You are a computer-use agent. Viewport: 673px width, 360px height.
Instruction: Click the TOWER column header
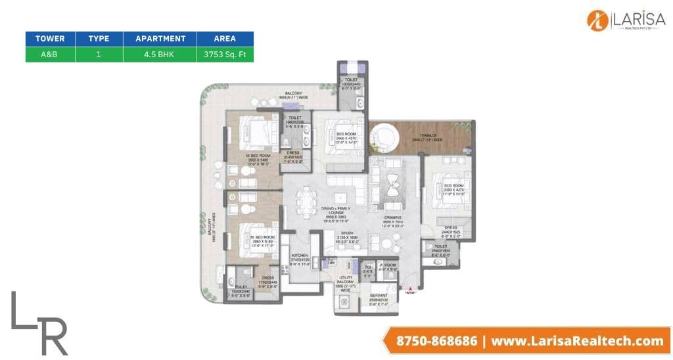click(x=50, y=38)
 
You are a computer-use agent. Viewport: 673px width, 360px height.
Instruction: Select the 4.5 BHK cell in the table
click(x=160, y=55)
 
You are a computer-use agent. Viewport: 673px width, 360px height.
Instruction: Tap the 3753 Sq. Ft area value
click(x=225, y=55)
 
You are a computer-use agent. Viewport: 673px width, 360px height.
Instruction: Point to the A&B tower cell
click(x=50, y=55)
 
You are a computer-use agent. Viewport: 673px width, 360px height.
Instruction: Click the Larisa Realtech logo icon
click(x=597, y=20)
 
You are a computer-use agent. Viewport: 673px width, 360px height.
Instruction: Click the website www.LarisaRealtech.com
click(x=576, y=341)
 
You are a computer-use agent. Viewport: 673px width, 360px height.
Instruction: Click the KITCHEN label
click(x=300, y=256)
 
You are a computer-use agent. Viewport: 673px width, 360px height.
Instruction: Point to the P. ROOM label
click(x=388, y=265)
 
